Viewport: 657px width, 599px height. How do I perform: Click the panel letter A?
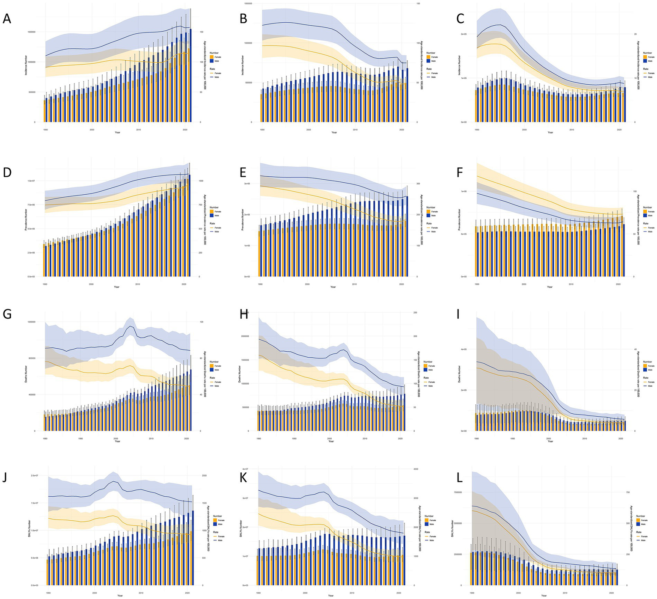pos(7,19)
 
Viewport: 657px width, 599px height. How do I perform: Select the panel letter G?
pos(7,314)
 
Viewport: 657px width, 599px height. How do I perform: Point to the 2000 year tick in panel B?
pos(308,129)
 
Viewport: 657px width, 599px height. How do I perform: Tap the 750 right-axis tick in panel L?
pos(627,492)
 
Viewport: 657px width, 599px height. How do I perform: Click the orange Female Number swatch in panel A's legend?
pos(211,57)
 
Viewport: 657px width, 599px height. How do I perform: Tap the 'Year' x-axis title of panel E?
pos(333,287)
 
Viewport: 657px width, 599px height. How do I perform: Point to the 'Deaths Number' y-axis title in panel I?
pos(460,374)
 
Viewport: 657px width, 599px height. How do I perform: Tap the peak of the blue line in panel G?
pos(131,326)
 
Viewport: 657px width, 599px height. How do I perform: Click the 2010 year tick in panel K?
pos(352,593)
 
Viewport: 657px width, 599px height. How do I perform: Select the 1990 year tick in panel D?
pos(45,284)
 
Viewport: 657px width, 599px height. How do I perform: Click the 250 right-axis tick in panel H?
pos(415,313)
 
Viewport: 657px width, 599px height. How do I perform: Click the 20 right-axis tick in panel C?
pos(636,34)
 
